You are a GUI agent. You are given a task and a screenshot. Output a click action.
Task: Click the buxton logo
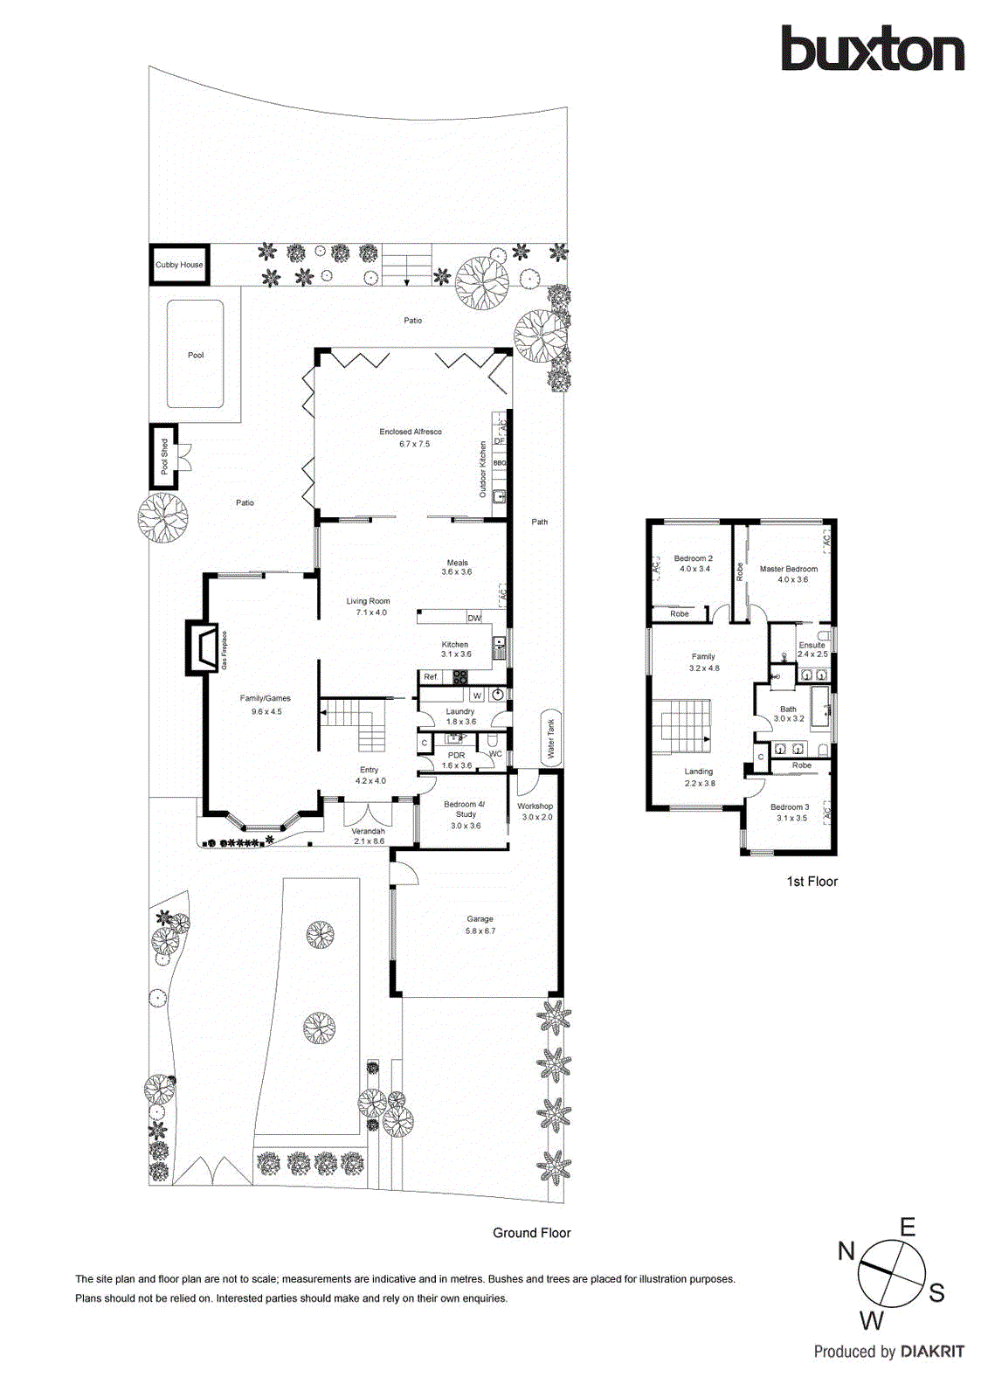pyautogui.click(x=872, y=49)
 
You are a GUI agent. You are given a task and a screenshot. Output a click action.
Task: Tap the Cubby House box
pyautogui.click(x=179, y=265)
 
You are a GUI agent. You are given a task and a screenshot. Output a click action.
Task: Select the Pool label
pyautogui.click(x=196, y=355)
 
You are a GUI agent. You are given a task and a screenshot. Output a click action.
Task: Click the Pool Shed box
pyautogui.click(x=164, y=456)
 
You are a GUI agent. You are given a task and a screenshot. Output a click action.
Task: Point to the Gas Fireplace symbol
pyautogui.click(x=203, y=647)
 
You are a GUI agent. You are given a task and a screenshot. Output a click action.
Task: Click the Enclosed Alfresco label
pyautogui.click(x=411, y=432)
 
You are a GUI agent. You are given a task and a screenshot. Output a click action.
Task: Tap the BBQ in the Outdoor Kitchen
pyautogui.click(x=500, y=463)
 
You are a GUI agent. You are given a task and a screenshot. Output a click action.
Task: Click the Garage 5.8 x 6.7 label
pyautogui.click(x=480, y=924)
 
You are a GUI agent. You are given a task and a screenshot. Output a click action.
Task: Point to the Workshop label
pyautogui.click(x=535, y=806)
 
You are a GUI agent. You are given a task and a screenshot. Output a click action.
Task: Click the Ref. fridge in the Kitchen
pyautogui.click(x=431, y=676)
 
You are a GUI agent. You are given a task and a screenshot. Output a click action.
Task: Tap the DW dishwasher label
pyautogui.click(x=474, y=618)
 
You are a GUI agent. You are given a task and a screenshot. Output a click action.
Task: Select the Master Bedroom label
pyautogui.click(x=789, y=569)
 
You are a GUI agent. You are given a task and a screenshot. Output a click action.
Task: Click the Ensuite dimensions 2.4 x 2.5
pyautogui.click(x=812, y=654)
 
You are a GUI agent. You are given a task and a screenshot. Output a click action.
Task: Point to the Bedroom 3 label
pyautogui.click(x=790, y=807)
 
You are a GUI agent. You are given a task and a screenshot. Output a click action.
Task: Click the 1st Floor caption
pyautogui.click(x=812, y=882)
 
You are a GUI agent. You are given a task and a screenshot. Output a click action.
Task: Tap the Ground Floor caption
pyautogui.click(x=531, y=1233)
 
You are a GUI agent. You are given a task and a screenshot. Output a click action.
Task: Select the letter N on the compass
pyautogui.click(x=846, y=1251)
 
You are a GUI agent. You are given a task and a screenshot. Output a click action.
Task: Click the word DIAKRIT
pyautogui.click(x=932, y=1352)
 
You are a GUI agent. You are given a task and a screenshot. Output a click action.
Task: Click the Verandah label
pyautogui.click(x=369, y=831)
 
